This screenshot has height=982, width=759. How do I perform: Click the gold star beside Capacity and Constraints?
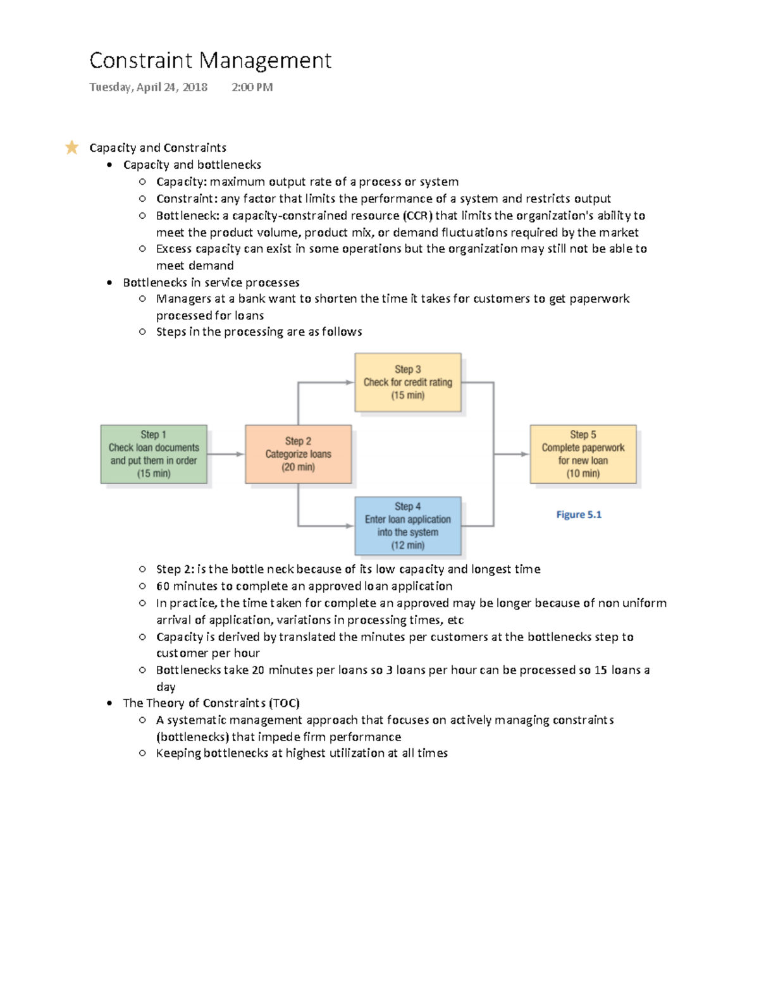71,147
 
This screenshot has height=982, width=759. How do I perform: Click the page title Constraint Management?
210,61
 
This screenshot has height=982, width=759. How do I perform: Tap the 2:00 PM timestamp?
252,87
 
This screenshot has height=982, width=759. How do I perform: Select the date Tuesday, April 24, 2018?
148,87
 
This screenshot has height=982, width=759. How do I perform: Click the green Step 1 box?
154,454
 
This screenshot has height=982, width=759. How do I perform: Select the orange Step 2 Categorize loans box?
298,454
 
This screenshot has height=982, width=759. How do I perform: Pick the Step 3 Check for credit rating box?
407,382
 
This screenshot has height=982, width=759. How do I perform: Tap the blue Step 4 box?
407,525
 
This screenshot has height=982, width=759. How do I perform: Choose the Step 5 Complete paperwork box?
583,454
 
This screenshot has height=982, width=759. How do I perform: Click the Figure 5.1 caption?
579,515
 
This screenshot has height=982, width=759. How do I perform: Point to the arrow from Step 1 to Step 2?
225,454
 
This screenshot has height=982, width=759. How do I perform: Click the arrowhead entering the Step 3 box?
349,382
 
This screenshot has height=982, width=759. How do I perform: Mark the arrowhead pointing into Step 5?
524,454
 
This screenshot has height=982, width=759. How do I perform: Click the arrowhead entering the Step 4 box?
349,525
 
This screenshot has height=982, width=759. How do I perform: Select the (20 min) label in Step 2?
298,467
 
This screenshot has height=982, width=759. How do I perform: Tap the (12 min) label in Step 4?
407,545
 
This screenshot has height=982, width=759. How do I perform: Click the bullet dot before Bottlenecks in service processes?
110,283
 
